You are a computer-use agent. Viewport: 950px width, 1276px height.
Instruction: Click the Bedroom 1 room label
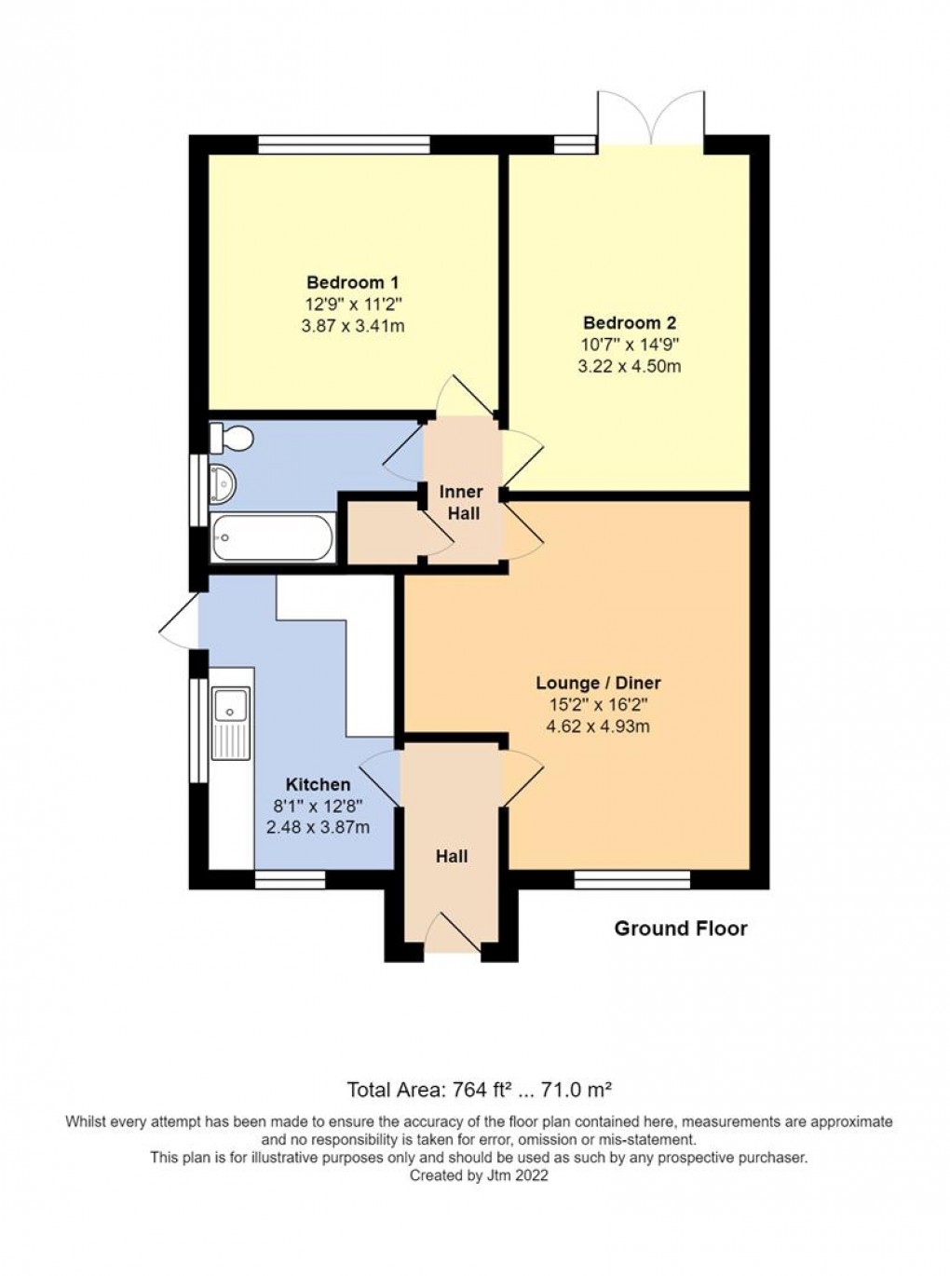click(x=353, y=282)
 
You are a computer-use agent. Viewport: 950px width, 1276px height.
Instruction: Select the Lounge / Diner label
click(x=598, y=684)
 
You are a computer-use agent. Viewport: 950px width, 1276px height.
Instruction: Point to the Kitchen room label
click(x=318, y=785)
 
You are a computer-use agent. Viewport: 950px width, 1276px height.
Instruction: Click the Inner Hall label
click(x=461, y=502)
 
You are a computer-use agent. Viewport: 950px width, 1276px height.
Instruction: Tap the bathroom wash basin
click(x=224, y=482)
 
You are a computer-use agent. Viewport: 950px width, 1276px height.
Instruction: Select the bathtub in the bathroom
click(x=272, y=538)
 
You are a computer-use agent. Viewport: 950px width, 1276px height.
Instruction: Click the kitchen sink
click(x=230, y=711)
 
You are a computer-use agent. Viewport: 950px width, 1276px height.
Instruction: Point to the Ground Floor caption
click(x=681, y=929)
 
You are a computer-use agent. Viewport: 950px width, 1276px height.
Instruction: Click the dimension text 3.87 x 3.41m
click(x=353, y=326)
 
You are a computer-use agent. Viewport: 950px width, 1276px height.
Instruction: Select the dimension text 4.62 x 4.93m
click(x=598, y=726)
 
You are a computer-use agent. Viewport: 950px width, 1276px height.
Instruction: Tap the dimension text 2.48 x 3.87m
click(x=318, y=827)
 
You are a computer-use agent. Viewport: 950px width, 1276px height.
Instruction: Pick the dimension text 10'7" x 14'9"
click(x=630, y=344)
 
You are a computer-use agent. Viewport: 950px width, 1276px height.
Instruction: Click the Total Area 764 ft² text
click(x=479, y=1089)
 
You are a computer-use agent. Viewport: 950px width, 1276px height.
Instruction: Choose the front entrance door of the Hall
click(x=453, y=933)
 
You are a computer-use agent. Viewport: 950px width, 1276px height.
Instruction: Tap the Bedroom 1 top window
click(x=344, y=144)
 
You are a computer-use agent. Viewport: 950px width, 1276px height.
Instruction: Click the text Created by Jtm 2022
click(x=479, y=1175)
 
